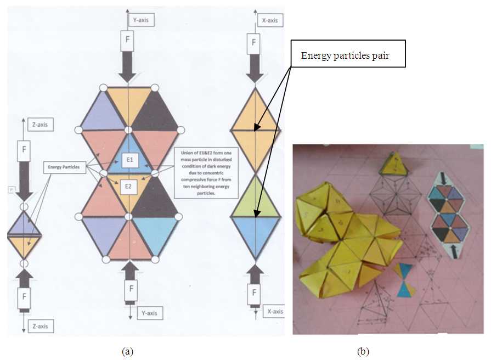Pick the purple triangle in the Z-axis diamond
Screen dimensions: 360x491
click(x=24, y=224)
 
